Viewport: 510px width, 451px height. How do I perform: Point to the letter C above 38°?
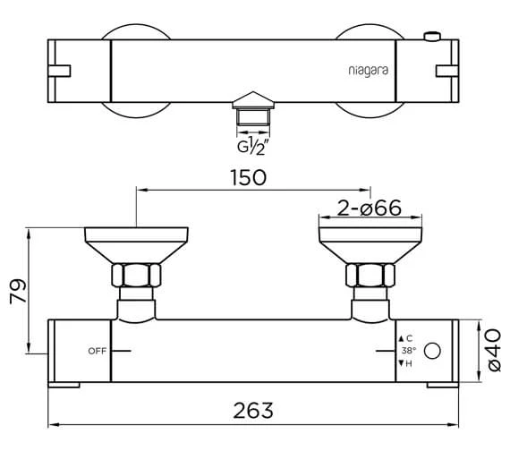coord(407,337)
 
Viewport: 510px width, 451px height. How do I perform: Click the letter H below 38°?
coord(407,362)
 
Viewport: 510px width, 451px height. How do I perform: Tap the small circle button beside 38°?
coord(434,350)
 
